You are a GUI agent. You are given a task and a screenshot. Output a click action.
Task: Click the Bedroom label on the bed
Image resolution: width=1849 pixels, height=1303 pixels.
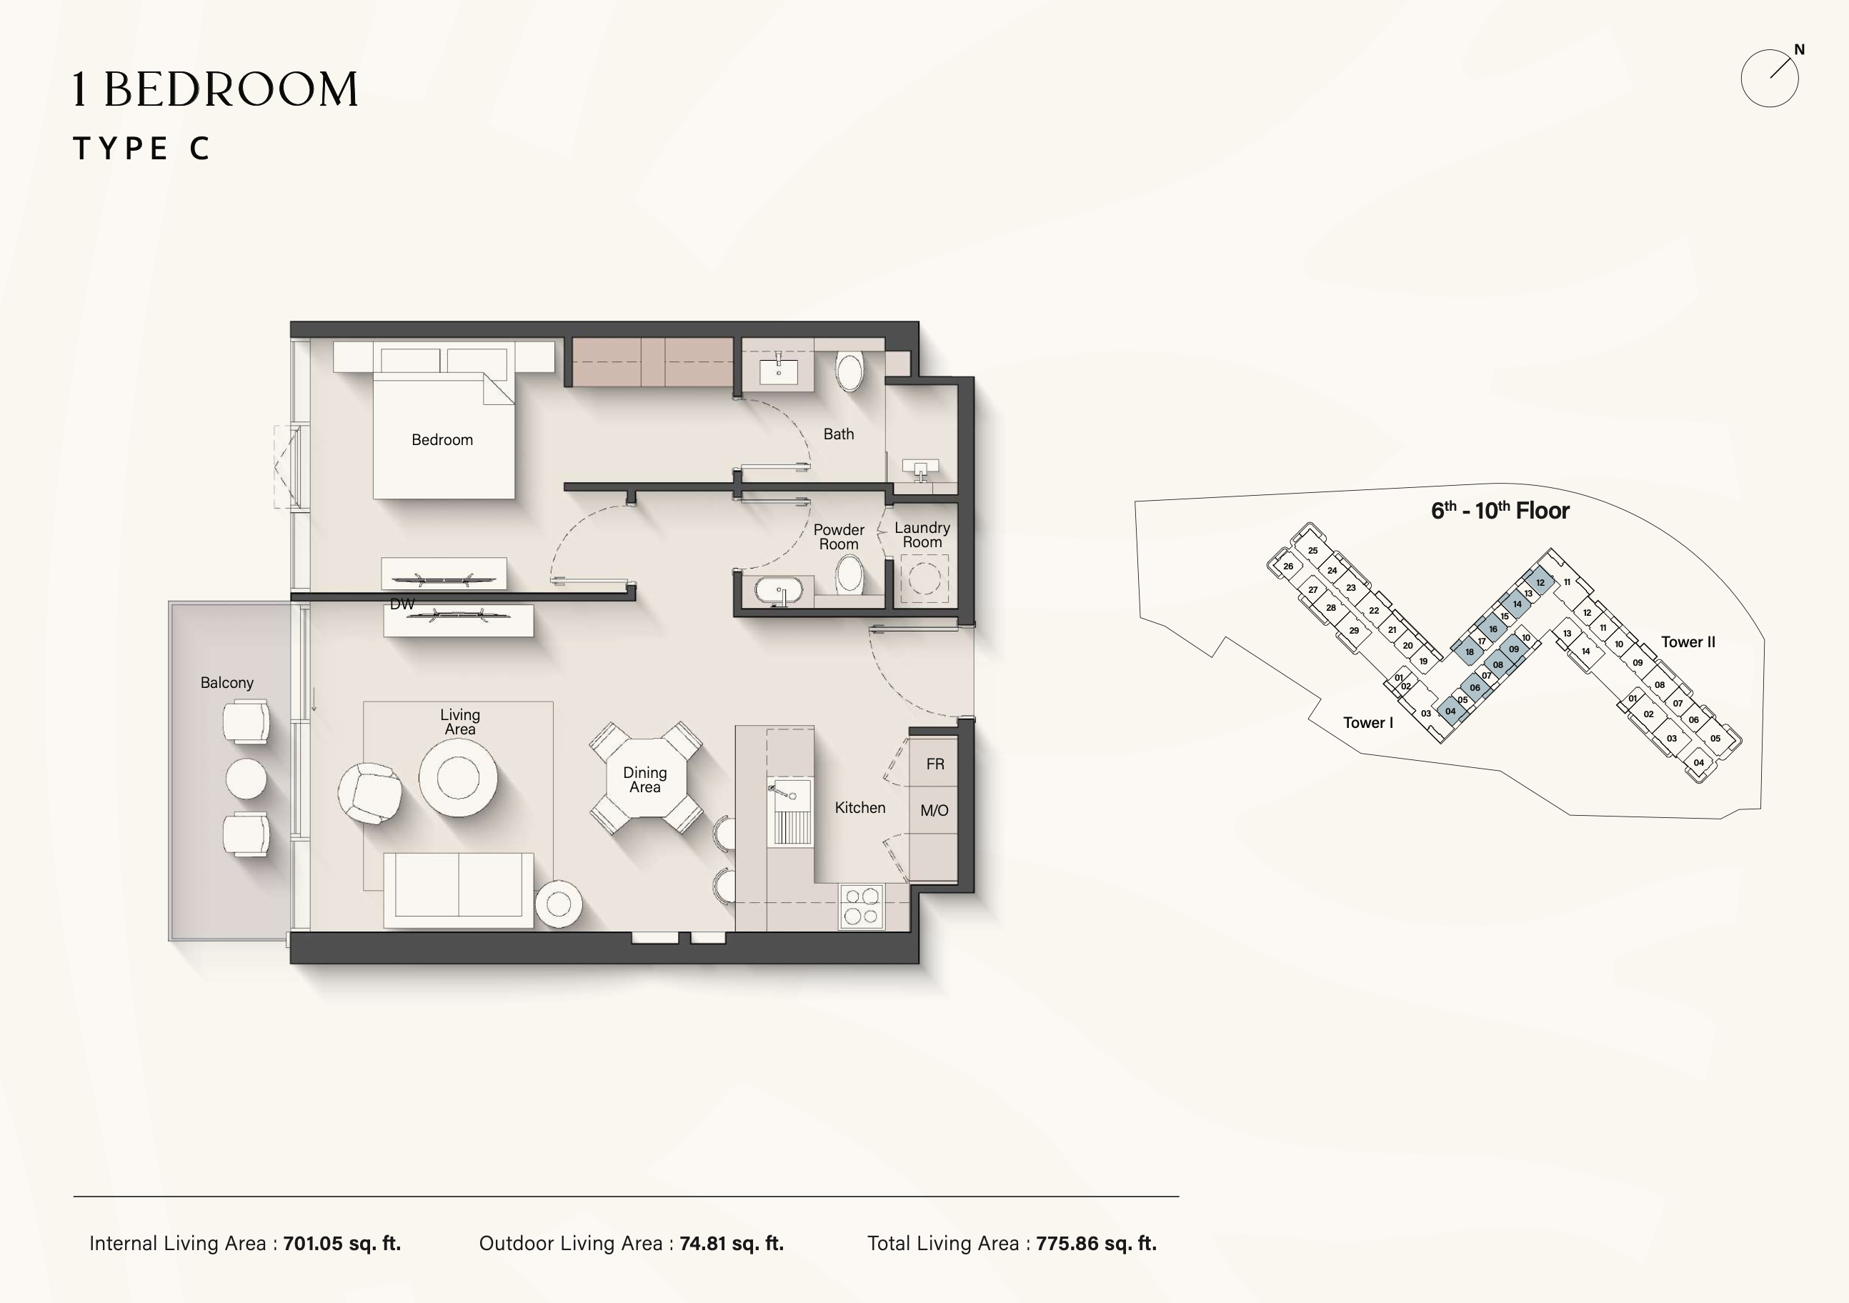click(442, 440)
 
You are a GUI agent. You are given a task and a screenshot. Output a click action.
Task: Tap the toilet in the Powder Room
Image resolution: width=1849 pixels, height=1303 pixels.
click(849, 574)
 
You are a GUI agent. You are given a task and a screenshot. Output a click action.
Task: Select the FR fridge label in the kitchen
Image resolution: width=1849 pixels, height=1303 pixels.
click(935, 764)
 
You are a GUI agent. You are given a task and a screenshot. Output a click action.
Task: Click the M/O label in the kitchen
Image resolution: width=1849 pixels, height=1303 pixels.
click(935, 811)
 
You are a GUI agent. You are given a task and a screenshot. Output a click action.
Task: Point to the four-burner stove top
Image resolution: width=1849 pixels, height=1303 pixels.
click(861, 906)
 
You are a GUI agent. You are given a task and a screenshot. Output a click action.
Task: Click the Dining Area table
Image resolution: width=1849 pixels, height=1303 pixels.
click(645, 779)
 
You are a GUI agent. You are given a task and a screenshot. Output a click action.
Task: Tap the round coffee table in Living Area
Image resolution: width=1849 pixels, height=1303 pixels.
click(458, 778)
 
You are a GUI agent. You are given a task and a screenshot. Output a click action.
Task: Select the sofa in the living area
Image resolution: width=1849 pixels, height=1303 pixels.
click(458, 890)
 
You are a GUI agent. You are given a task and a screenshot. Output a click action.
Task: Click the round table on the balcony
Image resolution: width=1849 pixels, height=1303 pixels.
click(246, 779)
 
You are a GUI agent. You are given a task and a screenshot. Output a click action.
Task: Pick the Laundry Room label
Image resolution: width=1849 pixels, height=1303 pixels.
click(922, 535)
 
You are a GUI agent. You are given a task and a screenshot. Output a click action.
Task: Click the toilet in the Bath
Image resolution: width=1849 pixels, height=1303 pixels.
click(849, 371)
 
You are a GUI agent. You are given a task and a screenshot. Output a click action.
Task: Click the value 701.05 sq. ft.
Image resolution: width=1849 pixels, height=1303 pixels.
click(342, 1244)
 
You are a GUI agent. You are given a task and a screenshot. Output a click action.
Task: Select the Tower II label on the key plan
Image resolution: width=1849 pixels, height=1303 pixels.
click(1688, 641)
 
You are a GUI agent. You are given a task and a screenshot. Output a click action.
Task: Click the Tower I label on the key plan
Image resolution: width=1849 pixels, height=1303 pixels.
click(1367, 722)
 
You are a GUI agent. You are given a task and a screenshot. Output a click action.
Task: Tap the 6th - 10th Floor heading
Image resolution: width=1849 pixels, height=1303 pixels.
click(1500, 511)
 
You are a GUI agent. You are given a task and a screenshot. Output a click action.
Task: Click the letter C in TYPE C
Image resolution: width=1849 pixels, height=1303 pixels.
click(200, 148)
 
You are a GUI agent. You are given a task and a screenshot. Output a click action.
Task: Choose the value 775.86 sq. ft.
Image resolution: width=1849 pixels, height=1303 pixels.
click(1096, 1244)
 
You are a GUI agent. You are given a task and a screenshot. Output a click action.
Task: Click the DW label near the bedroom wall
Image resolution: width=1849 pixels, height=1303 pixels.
click(402, 604)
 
